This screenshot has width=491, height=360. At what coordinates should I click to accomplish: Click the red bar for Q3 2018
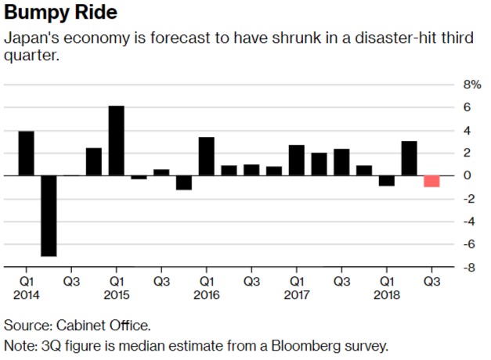point(431,182)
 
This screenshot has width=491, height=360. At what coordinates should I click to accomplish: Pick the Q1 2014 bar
point(26,153)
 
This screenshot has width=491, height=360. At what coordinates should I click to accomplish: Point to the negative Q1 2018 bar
point(387,181)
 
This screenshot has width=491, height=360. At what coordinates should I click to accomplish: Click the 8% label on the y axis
point(472,84)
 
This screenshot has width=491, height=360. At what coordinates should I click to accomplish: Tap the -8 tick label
point(469,268)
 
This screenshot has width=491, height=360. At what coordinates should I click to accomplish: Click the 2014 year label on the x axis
point(26,295)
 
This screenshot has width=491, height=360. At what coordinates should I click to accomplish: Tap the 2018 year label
point(387,295)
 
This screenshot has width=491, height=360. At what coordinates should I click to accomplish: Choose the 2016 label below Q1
point(207,295)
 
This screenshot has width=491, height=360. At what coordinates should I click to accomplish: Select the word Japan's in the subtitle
point(28,38)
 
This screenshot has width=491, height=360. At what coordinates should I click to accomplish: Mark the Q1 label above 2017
point(297,281)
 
